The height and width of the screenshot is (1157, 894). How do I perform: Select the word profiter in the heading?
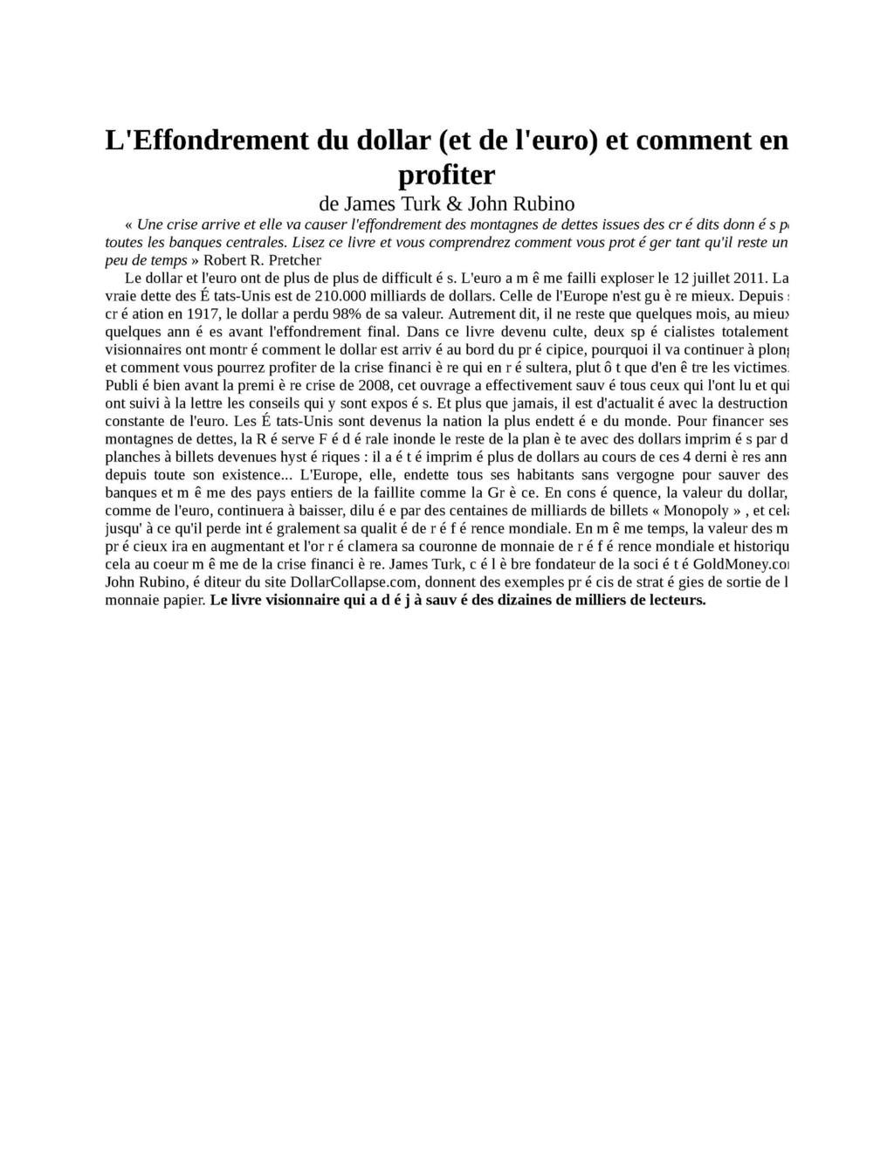446,176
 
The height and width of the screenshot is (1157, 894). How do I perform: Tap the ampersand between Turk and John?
454,204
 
